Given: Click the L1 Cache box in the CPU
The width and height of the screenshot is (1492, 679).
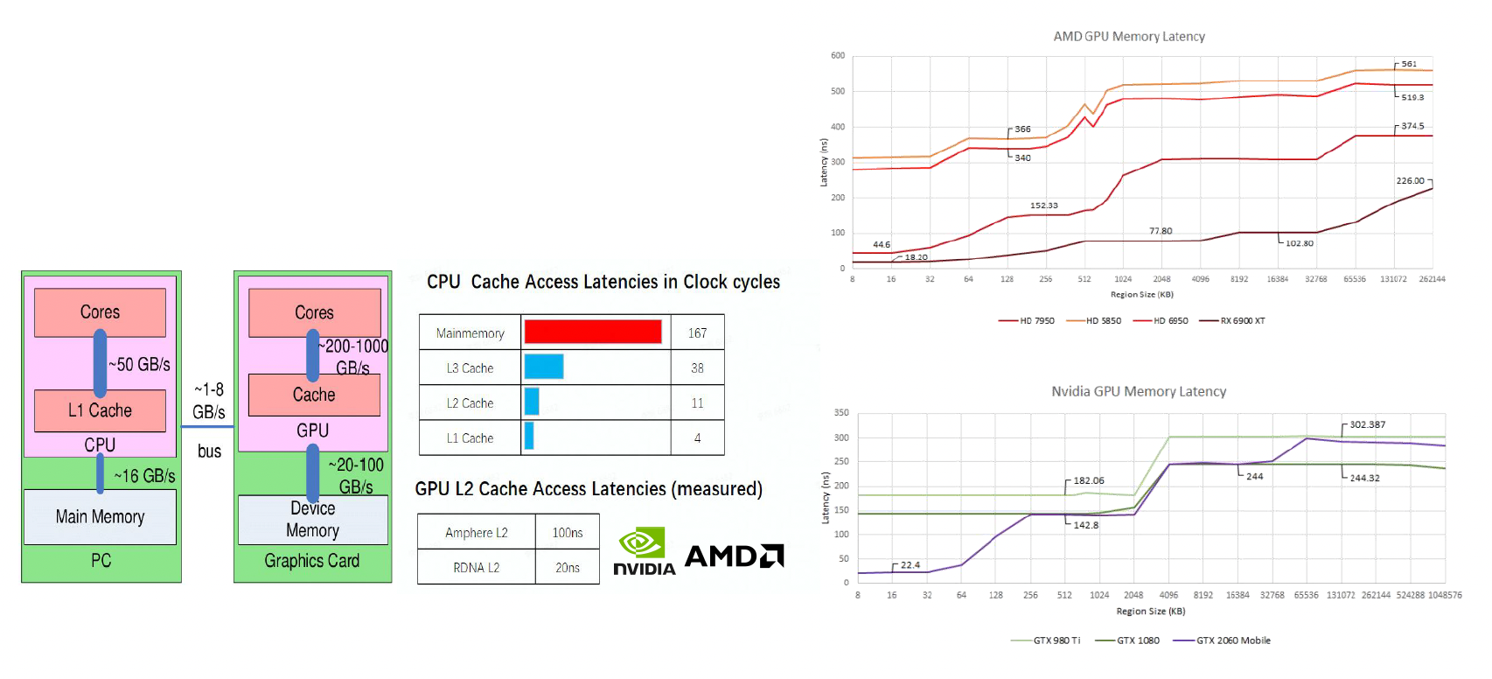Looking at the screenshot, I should point(100,410).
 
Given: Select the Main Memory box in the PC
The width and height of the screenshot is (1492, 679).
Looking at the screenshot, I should point(100,516).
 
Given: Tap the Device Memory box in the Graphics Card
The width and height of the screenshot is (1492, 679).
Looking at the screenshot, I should point(312,520).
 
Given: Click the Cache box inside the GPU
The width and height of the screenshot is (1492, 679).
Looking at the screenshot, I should point(314,395).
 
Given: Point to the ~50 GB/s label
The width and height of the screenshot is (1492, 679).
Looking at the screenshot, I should point(140,364).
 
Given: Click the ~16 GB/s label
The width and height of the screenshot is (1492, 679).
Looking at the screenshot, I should point(145,476).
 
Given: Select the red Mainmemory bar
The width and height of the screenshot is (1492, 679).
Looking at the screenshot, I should point(593,332).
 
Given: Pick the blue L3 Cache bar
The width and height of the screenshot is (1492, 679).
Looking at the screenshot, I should point(543,367).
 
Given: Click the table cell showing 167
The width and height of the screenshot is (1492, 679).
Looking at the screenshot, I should point(697,332).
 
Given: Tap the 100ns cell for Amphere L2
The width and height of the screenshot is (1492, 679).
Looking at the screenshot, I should point(567,532).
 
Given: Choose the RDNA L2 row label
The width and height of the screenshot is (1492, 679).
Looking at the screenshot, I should point(476,567).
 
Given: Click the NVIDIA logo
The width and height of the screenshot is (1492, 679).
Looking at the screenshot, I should point(644,551).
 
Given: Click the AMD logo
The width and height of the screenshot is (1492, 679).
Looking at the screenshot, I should point(734,556).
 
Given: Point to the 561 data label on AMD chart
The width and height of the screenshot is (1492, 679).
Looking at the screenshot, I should point(1409,64).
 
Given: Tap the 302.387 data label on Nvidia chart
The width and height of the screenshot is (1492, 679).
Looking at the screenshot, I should point(1367,424).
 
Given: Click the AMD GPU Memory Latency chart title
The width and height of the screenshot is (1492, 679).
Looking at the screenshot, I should point(1129,37).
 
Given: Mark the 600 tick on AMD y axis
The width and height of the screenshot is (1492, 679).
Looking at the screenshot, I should point(838,56).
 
